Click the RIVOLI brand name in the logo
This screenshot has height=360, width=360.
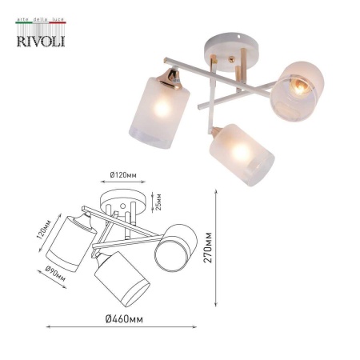[38, 38]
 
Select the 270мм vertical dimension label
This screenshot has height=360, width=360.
[208, 248]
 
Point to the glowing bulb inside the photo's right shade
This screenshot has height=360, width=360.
[298, 86]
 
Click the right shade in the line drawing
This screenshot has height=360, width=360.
[178, 246]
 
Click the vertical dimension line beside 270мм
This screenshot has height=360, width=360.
[219, 248]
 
